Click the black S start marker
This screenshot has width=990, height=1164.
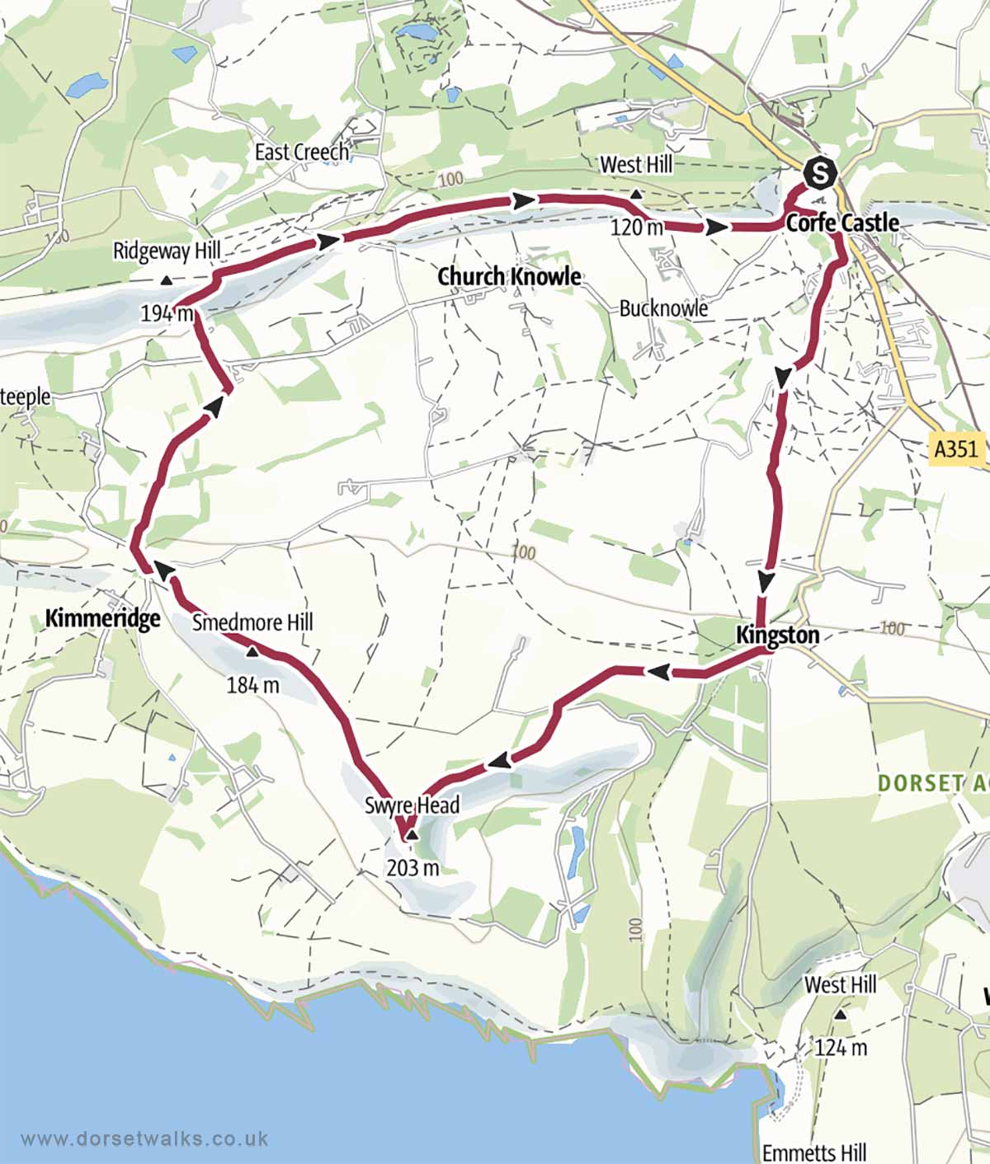tap(820, 174)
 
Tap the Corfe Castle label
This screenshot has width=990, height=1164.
tap(841, 223)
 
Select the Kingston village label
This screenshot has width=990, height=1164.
tap(777, 635)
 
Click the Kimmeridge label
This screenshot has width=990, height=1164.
tap(102, 617)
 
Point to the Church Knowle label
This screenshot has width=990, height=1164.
tap(509, 276)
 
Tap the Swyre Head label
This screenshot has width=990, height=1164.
tap(412, 805)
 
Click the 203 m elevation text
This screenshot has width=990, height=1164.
tap(412, 867)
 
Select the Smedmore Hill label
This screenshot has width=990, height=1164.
tap(252, 622)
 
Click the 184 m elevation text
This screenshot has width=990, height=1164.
tap(252, 684)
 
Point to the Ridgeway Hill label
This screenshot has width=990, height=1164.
tap(167, 251)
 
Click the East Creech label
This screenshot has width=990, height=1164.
tap(301, 153)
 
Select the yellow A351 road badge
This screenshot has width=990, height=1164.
tap(956, 448)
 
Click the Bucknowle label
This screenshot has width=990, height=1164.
tap(663, 308)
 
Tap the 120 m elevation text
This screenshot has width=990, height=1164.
tap(636, 226)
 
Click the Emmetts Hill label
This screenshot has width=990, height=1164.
tap(814, 1152)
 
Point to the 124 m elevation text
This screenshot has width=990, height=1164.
tap(841, 1047)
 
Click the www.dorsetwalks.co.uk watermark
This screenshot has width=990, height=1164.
tap(144, 1138)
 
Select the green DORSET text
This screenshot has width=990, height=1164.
tap(920, 783)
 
